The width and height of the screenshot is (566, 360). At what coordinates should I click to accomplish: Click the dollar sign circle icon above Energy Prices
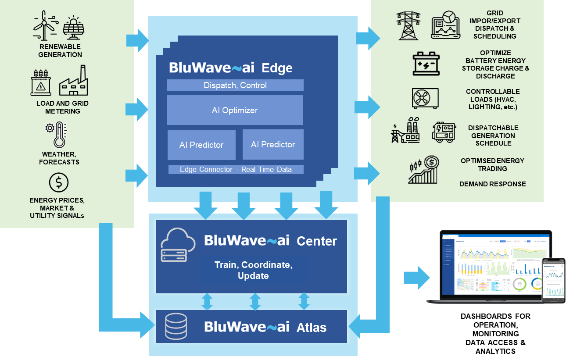coord(58,182)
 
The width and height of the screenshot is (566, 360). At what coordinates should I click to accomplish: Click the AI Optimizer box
coord(234,110)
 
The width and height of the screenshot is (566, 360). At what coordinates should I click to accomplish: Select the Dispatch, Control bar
coord(235,85)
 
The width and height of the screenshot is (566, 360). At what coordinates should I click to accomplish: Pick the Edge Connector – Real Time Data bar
coord(235,169)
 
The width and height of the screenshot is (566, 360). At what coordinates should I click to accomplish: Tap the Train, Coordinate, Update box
coord(253,271)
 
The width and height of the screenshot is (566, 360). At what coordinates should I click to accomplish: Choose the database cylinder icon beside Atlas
coord(176,327)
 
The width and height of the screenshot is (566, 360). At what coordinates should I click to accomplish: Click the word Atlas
coord(312,328)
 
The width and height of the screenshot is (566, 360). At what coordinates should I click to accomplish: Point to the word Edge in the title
coord(277,68)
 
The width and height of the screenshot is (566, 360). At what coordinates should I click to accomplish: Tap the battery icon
coord(426,63)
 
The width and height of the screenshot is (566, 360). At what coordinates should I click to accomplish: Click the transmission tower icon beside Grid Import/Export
coord(408,26)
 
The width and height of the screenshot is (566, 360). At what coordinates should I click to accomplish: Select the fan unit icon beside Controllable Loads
coord(425,98)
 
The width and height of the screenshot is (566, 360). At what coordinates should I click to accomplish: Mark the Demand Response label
coord(492,184)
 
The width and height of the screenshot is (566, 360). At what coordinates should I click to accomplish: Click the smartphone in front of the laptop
coord(553,280)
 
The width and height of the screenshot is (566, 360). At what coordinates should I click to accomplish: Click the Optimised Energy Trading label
coord(492,164)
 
